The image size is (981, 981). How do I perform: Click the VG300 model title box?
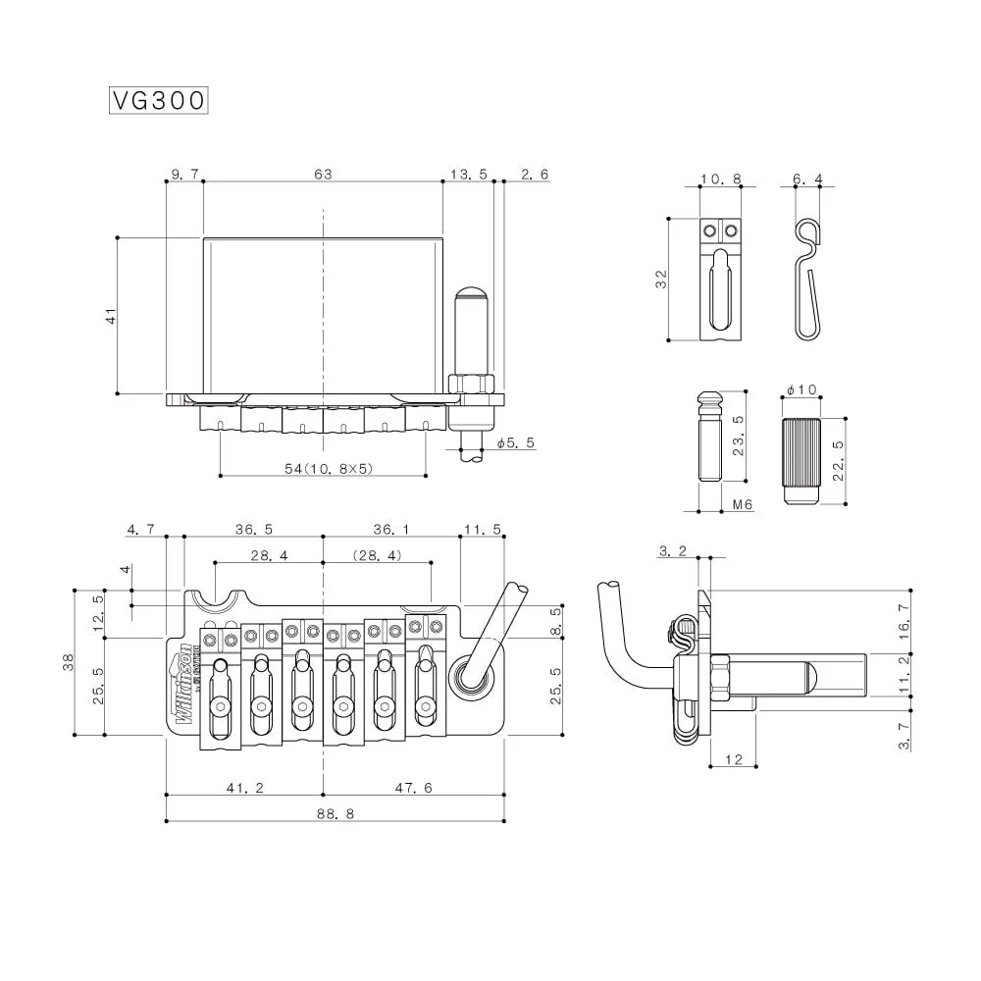(158, 100)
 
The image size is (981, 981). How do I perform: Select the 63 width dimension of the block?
(323, 174)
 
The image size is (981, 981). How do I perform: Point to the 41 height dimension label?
(111, 315)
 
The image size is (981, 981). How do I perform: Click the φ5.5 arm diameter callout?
(515, 443)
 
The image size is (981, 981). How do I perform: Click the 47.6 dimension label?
(412, 788)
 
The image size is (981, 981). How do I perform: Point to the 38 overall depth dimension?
(68, 662)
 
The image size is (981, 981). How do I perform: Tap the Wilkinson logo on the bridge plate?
(183, 687)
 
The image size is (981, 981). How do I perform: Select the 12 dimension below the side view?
(733, 760)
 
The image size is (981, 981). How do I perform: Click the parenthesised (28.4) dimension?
(378, 555)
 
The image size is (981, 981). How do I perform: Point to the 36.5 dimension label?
(253, 530)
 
